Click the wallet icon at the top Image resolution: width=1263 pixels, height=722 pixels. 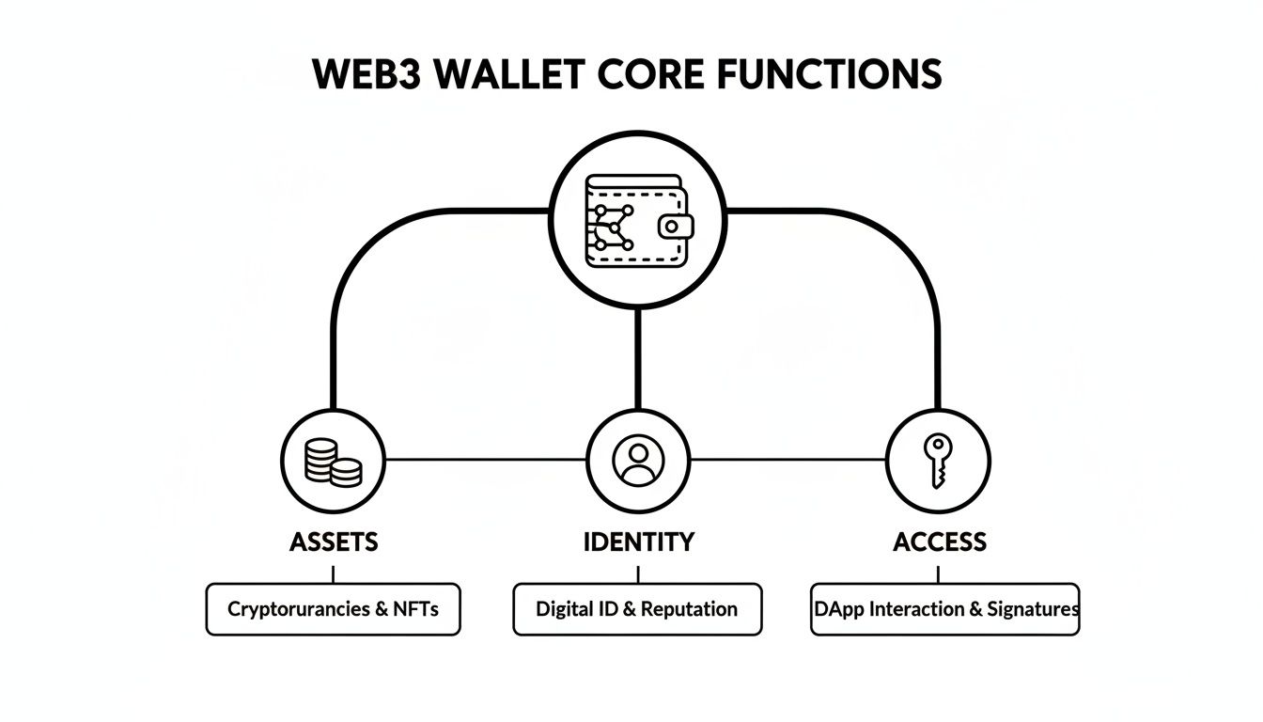point(638,223)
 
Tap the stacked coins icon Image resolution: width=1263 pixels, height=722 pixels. point(334,461)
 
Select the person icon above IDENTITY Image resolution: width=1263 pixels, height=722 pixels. point(638,460)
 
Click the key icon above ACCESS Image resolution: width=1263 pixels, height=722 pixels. point(937,460)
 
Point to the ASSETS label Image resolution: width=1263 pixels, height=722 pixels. point(334,541)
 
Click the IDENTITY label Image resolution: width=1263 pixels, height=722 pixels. point(638,541)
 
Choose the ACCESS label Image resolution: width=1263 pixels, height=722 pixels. point(939,541)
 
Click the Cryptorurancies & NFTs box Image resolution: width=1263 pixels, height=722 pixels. point(333,609)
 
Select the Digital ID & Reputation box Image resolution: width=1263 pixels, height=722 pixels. point(637,609)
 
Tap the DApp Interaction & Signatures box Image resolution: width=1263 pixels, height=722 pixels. point(944,609)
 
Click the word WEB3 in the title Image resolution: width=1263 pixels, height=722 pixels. point(362,74)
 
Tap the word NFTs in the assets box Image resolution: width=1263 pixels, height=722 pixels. point(416,609)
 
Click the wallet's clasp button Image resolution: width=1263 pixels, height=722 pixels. point(675,226)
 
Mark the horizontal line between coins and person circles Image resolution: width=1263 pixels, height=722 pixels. point(485,460)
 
